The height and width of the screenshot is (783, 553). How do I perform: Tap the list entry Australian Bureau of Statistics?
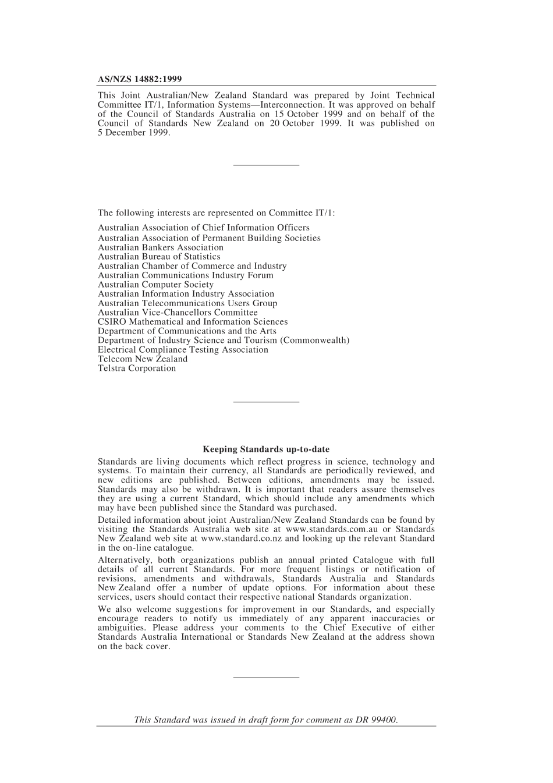(x=159, y=257)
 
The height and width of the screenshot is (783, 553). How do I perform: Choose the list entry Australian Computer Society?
(x=155, y=285)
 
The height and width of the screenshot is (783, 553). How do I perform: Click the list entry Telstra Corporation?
(x=137, y=369)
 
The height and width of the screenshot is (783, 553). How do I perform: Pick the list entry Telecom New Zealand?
(x=143, y=359)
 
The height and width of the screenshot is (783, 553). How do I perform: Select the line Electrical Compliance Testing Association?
(x=183, y=350)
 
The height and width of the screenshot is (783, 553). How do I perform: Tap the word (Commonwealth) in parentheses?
(x=315, y=341)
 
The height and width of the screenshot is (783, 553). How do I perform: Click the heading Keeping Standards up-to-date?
(x=266, y=449)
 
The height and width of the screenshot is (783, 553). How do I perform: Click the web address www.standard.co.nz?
(x=241, y=539)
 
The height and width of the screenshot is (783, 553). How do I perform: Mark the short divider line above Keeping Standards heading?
(x=266, y=402)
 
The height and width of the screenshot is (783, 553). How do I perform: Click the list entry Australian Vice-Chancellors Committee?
(x=178, y=313)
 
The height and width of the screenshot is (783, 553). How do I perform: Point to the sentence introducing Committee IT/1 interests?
(x=216, y=213)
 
